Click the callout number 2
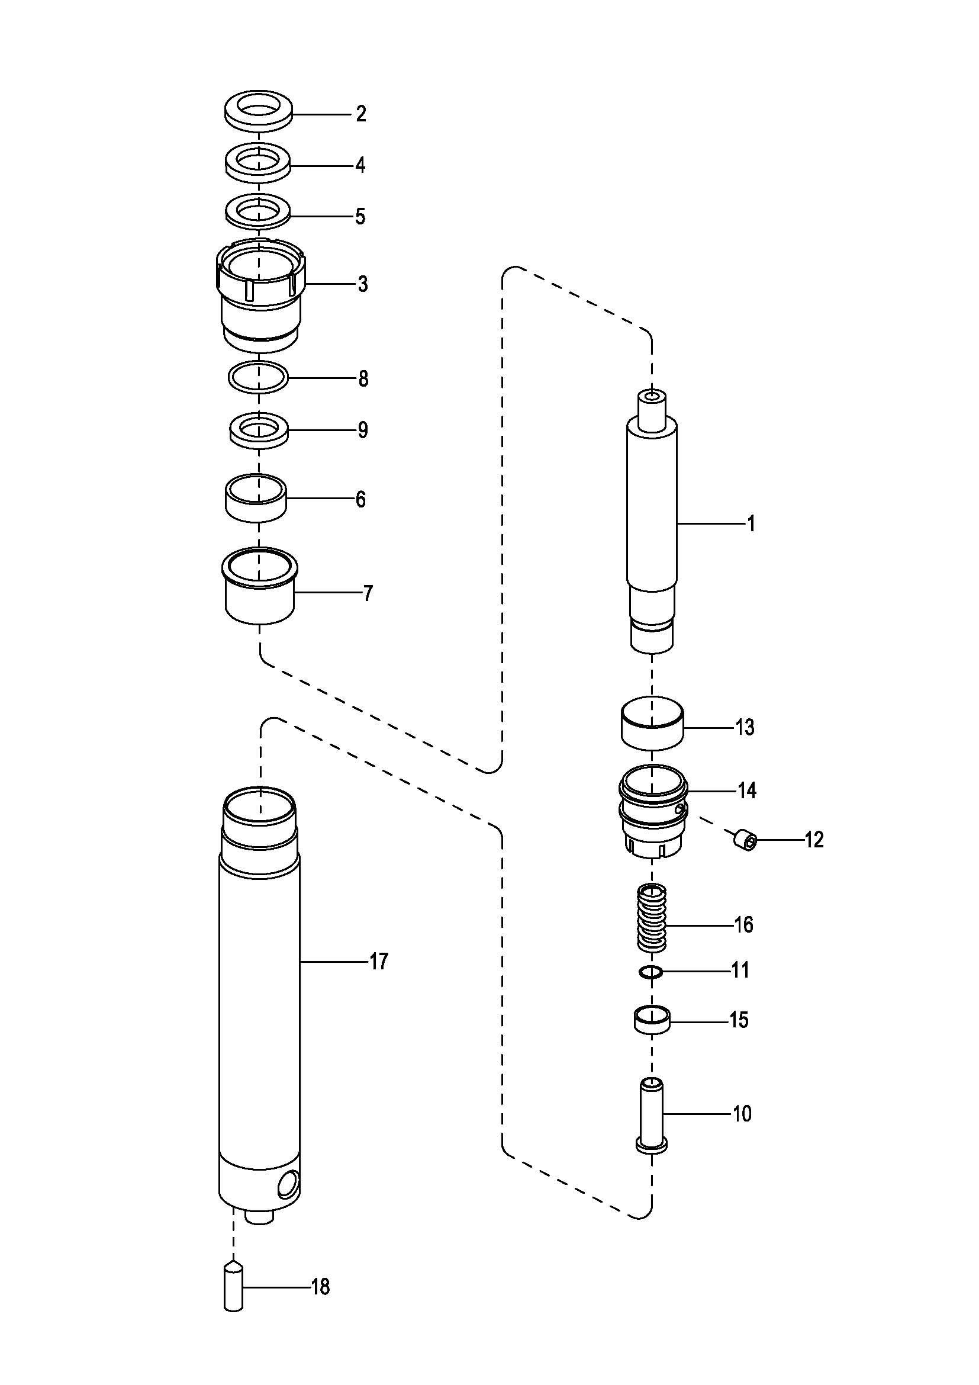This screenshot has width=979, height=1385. [360, 114]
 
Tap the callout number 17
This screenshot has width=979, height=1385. [379, 962]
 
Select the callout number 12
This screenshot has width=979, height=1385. [814, 840]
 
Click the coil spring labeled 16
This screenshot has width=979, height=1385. [652, 917]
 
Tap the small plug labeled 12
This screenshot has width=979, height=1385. [745, 840]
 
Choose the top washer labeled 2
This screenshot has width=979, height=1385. [258, 112]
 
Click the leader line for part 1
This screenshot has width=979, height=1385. [711, 523]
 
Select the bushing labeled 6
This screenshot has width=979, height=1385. [256, 497]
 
